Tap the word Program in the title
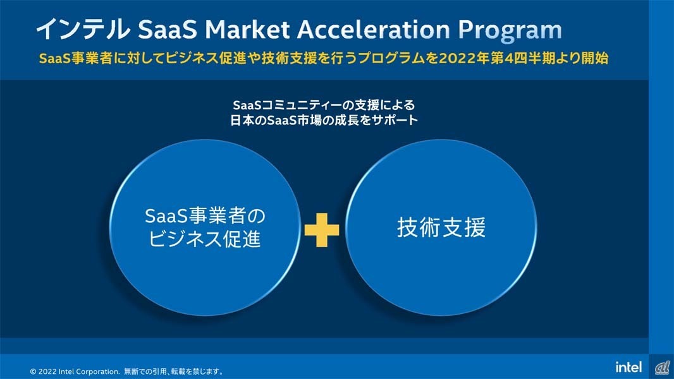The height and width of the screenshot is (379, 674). pos(510,32)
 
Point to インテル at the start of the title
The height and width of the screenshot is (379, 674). pos(83,29)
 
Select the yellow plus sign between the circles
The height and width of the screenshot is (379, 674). pos(322,230)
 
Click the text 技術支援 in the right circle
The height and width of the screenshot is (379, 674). pos(441,227)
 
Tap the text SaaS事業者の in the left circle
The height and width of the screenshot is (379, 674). pos(205,216)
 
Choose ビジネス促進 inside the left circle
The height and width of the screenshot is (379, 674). pos(205,239)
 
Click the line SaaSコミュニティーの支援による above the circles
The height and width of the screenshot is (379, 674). pos(324,105)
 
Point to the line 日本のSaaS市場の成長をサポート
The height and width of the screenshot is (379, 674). pos(324,120)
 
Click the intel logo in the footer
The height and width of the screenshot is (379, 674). pos(628,367)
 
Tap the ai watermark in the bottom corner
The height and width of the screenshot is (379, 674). pos(662,368)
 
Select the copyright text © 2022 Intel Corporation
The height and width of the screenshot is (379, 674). pos(75,371)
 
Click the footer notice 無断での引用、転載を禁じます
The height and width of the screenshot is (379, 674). pos(174,371)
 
